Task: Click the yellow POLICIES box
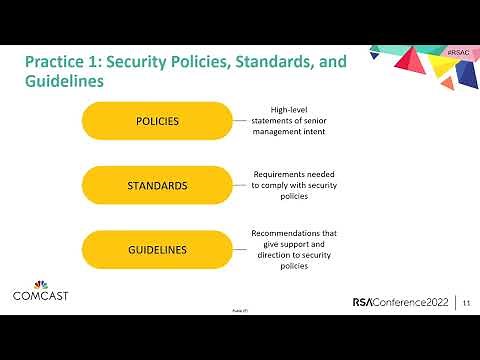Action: (x=157, y=121)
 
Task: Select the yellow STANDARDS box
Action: (x=157, y=185)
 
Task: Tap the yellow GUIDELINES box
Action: (x=157, y=249)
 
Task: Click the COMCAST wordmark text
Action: (x=39, y=295)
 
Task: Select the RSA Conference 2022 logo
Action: (x=400, y=302)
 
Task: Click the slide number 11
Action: (x=466, y=302)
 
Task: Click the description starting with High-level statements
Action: (x=294, y=121)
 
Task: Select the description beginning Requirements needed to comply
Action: (x=294, y=185)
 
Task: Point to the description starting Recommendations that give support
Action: (x=294, y=250)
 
